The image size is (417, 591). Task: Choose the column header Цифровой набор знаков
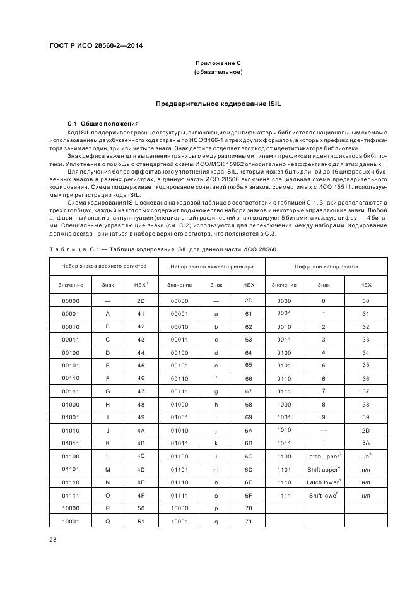[x=326, y=266]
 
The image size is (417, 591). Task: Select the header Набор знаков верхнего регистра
[x=103, y=266]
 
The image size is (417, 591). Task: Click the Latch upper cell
[x=323, y=455]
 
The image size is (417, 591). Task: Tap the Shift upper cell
[x=323, y=469]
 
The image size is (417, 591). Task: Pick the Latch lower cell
[x=323, y=482]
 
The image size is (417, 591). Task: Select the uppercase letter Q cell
[x=107, y=522]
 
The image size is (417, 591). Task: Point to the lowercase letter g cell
[x=216, y=392]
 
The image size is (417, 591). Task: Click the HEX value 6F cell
[x=249, y=495]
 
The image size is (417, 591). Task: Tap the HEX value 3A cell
[x=366, y=442]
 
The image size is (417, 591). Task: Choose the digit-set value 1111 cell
[x=284, y=496]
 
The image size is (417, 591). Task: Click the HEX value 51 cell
[x=141, y=522]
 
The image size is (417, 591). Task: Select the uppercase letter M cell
[x=107, y=469]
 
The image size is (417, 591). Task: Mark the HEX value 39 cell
[x=366, y=417]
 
